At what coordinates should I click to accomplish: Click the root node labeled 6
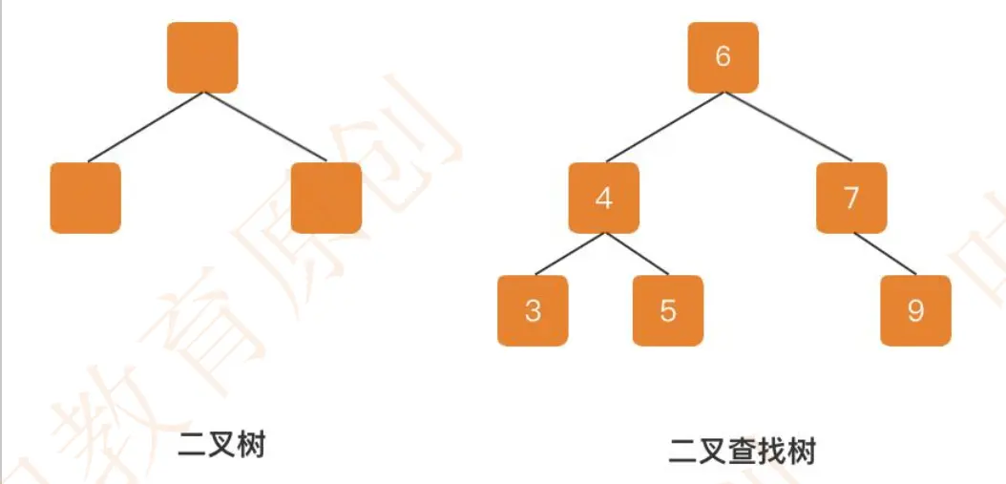tap(723, 56)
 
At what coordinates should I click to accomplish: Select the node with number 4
tap(603, 198)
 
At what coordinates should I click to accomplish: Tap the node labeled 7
tap(851, 198)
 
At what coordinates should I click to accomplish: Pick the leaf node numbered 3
tap(533, 310)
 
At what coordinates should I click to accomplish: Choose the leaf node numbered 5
tap(668, 310)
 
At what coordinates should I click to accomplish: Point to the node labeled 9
tap(915, 310)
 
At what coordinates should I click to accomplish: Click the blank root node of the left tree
tap(202, 57)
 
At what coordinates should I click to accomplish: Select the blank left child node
tap(85, 198)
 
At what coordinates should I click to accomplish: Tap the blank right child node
tap(326, 198)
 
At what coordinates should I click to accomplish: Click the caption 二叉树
tap(220, 446)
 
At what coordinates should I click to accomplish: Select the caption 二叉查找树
tap(743, 450)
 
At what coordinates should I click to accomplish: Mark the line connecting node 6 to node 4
tap(663, 127)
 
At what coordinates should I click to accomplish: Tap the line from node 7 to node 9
tap(882, 253)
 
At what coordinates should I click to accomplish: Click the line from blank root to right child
tap(264, 127)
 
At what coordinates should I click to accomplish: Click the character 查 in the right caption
tap(743, 450)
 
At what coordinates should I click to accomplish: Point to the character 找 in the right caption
tap(772, 450)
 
